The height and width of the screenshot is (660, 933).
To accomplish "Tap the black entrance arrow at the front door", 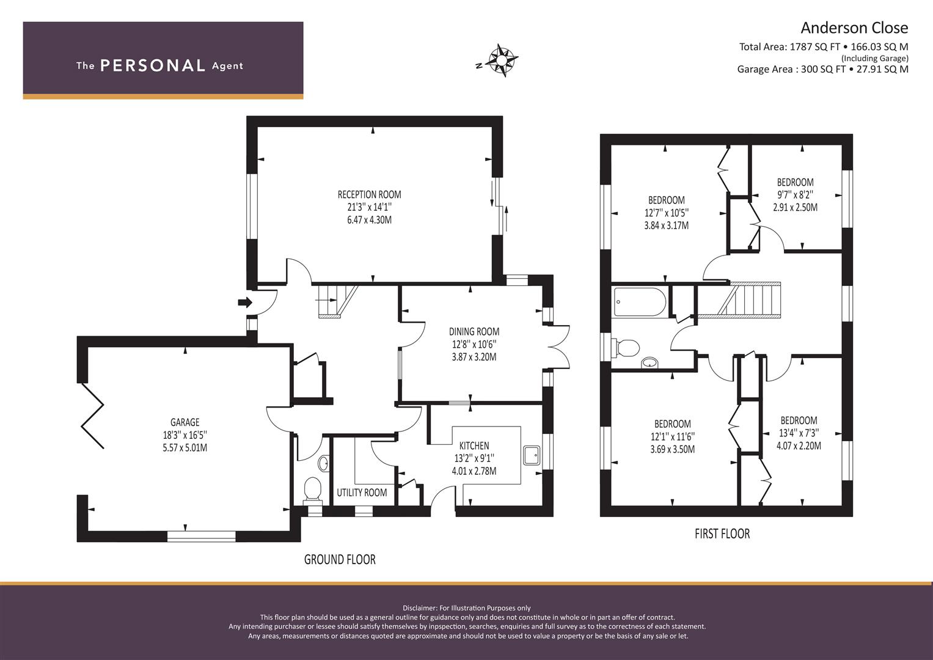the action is [245, 302].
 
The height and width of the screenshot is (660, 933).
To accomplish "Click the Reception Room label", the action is [369, 194].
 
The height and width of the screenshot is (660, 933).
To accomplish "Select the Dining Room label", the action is [474, 332].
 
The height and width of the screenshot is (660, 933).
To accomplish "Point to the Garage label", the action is [185, 422].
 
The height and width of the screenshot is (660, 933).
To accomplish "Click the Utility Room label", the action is [362, 493].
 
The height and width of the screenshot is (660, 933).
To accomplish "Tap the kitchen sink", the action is [532, 455].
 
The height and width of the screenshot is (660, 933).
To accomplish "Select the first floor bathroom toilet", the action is [626, 348].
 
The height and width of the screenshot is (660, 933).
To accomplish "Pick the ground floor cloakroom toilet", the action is [313, 490].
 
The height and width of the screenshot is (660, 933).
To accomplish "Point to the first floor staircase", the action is [739, 300].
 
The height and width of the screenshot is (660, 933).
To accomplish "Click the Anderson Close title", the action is [854, 28].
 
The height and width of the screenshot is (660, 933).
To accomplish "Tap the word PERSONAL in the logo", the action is [153, 65].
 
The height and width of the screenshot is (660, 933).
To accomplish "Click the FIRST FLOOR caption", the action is [722, 533].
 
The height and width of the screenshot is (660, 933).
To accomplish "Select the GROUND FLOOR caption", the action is [340, 559].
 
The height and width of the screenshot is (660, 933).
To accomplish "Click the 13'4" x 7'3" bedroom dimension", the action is [799, 433].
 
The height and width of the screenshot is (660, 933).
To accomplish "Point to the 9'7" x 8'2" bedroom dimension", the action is [795, 194].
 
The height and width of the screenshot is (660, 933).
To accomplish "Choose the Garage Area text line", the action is [822, 69].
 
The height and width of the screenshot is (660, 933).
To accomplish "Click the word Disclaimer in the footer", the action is [420, 608].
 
